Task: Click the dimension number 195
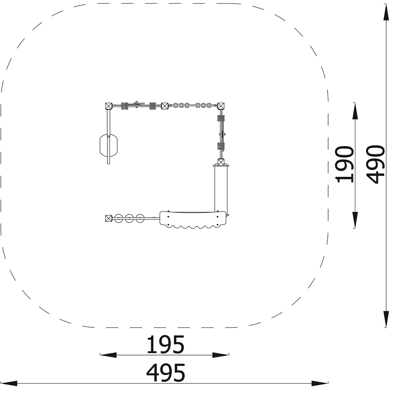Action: pos(165,344)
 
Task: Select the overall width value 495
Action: pos(165,373)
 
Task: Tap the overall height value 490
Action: pos(375,164)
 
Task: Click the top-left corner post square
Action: pos(109,106)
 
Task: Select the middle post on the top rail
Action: pos(165,106)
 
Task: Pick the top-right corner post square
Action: pos(221,106)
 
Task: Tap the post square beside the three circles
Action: pos(109,218)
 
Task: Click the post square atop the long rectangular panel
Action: pos(221,162)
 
